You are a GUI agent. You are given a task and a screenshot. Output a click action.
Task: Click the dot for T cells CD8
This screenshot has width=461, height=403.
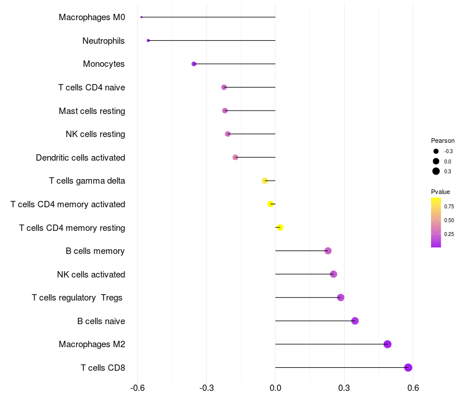coord(408,367)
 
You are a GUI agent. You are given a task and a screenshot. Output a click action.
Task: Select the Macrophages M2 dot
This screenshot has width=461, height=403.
coord(387,344)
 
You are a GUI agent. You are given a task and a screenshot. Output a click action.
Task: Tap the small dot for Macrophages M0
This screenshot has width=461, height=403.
coord(141,17)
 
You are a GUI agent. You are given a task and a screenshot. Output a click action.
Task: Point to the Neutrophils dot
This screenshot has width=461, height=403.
coord(148,40)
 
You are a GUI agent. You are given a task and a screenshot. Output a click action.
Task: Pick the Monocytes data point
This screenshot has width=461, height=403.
coord(194,64)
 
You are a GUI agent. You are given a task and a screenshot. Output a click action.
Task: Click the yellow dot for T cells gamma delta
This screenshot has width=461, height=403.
coord(265,181)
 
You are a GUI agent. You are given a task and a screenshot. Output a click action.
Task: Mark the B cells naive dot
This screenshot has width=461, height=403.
coord(355,321)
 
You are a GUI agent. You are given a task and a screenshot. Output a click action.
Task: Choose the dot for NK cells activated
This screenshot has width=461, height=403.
coord(333,274)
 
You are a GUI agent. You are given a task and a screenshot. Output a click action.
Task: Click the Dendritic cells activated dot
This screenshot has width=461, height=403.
coord(235,157)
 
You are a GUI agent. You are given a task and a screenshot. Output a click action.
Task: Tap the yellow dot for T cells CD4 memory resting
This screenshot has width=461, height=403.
coord(280,227)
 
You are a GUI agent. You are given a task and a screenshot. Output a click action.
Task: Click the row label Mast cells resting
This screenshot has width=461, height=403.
coord(92,111)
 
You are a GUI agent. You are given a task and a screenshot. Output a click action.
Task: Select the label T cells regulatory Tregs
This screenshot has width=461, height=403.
coord(77,298)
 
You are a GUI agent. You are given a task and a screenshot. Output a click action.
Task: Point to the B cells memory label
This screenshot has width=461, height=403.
coord(95,251)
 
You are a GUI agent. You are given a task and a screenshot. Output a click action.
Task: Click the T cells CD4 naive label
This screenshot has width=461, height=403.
coord(92,88)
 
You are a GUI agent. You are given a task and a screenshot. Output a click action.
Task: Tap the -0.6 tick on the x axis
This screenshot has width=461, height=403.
coord(137,388)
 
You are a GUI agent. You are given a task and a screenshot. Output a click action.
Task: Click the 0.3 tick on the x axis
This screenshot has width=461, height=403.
coord(344,388)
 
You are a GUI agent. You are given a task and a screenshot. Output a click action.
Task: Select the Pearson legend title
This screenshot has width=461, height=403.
coord(443,140)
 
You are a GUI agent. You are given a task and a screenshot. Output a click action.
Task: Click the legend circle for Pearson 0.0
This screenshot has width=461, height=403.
coord(436,161)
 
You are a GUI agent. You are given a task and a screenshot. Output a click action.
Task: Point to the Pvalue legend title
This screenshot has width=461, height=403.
coord(440,192)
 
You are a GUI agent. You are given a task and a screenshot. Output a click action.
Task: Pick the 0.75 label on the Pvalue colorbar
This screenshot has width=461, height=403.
coord(449,206)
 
